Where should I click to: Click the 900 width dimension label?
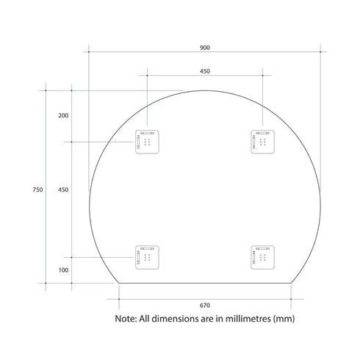pos(204,48)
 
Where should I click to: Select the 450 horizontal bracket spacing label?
pos(205,71)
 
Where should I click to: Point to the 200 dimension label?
pos(63,116)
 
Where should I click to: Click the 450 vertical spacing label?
pos(63,190)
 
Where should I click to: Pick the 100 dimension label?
pos(63,270)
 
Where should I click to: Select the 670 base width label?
pos(205,305)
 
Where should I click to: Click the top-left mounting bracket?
pos(146,142)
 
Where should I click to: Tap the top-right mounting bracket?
pos(263,142)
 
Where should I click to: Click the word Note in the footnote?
pos(126,320)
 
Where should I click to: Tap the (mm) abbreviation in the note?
pos(284,320)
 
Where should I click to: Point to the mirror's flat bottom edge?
pos(205,283)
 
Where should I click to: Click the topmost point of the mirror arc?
pos(205,90)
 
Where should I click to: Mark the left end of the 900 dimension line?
pos(89,51)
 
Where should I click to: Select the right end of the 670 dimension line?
pos(292,298)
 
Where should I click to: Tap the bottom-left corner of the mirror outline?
pos(119,283)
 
